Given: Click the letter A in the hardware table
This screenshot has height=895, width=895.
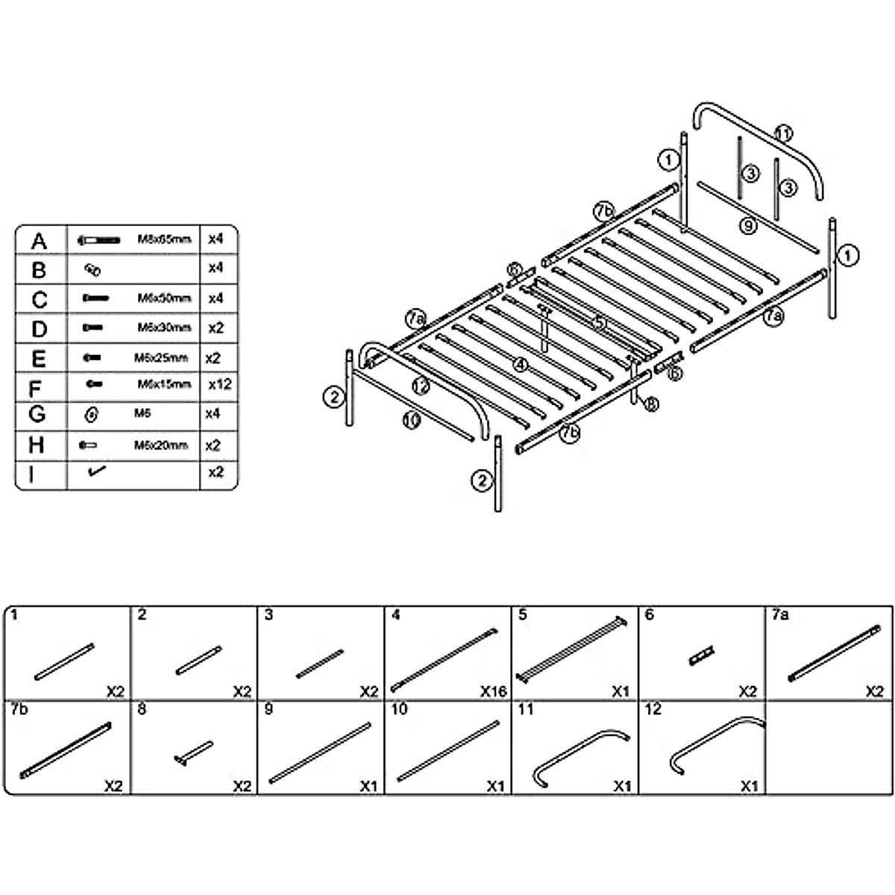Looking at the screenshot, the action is (x=39, y=242).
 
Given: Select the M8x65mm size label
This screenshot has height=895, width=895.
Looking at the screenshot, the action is (x=164, y=239).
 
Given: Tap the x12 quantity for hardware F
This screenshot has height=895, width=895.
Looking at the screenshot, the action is (x=220, y=385).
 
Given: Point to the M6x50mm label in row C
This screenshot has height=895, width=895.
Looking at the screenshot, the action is (x=164, y=298).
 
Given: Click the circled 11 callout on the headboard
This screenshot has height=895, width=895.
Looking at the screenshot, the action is (x=782, y=134).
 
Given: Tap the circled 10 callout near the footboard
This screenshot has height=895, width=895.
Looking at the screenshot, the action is (x=411, y=421).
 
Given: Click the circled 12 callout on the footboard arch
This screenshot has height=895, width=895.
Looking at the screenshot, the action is (x=421, y=386).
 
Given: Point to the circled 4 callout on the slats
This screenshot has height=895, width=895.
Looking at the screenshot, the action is (x=521, y=365).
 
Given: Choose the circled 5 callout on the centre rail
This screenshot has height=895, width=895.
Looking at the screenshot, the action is (x=600, y=323).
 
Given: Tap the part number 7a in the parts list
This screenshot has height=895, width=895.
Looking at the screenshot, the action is (x=780, y=615).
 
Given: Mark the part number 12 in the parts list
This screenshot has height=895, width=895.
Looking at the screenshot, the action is (x=653, y=709).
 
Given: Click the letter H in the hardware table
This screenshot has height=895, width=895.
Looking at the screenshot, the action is (x=37, y=445).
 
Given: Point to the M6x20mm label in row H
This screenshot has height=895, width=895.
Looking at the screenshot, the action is (x=161, y=445).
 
